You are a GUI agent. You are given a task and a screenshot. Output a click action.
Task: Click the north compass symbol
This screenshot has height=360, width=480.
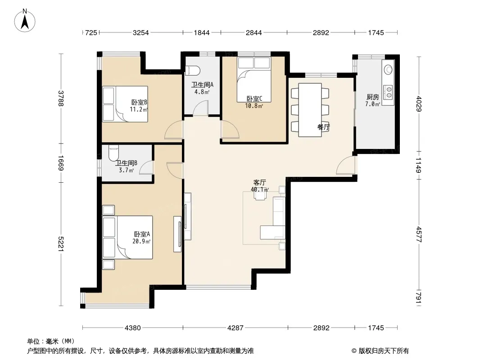[x=25, y=20]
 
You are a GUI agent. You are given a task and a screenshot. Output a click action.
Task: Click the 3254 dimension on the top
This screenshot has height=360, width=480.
[x=140, y=32]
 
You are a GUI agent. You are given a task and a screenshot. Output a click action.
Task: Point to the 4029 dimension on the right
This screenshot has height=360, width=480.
[x=419, y=104]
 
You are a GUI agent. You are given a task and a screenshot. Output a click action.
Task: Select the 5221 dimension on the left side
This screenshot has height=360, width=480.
[x=60, y=244]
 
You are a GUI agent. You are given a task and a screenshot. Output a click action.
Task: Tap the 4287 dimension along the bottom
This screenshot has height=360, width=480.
[x=235, y=328]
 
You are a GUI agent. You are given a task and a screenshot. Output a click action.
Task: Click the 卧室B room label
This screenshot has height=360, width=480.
[x=139, y=102]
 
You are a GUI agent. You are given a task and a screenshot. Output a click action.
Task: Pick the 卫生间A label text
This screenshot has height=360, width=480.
[x=202, y=85]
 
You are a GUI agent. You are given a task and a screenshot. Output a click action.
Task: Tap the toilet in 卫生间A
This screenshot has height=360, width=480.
[x=192, y=71]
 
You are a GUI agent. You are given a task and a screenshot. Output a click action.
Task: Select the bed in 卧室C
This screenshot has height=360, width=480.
[x=254, y=80]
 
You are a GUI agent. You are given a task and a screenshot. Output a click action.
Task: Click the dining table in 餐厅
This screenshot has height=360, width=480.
[x=310, y=110]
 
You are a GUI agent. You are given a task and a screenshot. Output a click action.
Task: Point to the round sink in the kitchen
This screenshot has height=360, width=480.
[x=388, y=70]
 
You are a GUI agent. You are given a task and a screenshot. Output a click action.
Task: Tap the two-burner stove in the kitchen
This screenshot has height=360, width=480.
[x=389, y=92]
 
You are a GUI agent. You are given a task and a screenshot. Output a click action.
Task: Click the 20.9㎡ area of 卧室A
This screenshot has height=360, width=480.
[x=141, y=241]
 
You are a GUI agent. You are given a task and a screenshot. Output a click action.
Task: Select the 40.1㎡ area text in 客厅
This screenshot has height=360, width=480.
[x=260, y=189]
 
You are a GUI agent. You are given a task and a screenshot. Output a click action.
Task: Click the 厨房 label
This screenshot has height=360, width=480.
[x=372, y=97]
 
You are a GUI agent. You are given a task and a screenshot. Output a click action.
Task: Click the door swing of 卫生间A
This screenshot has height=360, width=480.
[x=200, y=108]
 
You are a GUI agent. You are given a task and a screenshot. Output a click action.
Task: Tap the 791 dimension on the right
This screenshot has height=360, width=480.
[x=419, y=298]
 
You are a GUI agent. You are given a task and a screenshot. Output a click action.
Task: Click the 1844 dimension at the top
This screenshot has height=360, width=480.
[x=202, y=32]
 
